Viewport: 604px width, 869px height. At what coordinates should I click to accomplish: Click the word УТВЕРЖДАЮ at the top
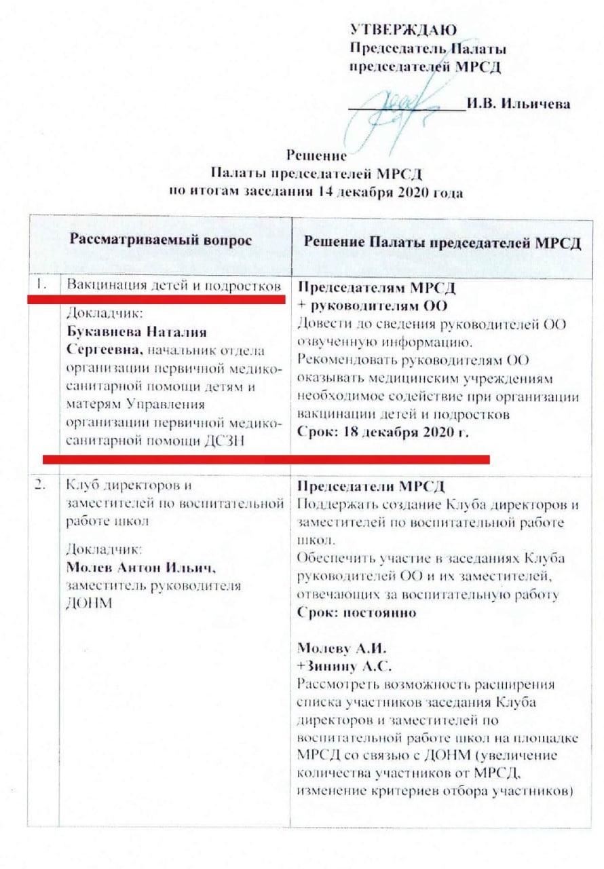402,29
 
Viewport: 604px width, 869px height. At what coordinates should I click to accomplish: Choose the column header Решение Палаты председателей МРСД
442,244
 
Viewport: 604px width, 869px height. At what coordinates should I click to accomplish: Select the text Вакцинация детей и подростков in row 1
173,285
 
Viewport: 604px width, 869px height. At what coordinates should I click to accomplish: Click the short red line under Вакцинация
155,299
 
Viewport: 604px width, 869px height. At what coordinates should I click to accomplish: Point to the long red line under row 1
265,460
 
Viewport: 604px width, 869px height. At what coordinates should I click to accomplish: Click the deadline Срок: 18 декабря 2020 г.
383,432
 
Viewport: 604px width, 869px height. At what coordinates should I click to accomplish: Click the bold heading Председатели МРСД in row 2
371,487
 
